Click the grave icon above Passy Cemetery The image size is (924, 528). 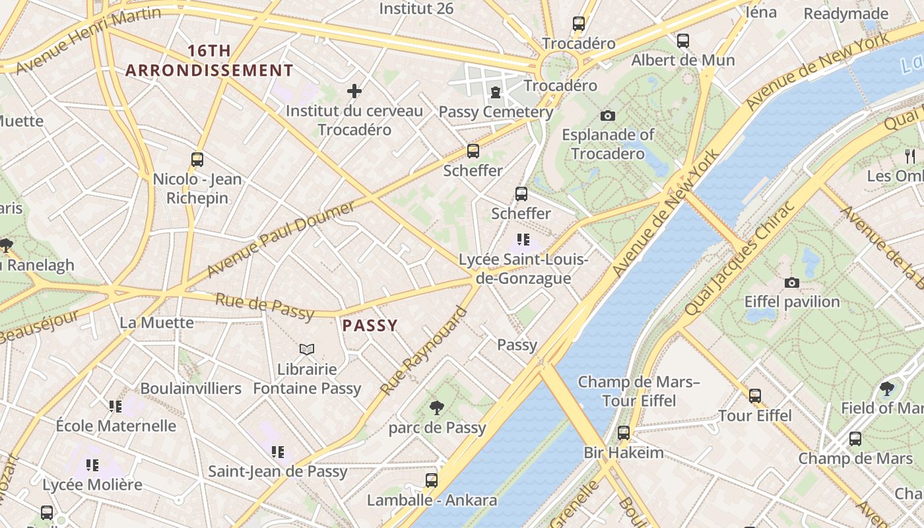click(x=495, y=92)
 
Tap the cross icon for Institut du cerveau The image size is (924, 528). click(x=354, y=91)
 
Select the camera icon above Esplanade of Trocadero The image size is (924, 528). click(x=607, y=116)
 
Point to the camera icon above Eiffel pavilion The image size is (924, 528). click(x=791, y=283)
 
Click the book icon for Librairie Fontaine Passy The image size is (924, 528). click(x=307, y=349)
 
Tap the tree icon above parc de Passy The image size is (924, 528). click(x=436, y=407)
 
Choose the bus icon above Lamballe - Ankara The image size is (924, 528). click(x=432, y=480)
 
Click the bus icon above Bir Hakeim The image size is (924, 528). click(x=623, y=433)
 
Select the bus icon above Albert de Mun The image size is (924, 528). click(x=683, y=40)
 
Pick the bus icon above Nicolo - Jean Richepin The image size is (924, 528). click(x=197, y=159)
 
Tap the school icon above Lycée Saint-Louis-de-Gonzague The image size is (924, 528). click(x=523, y=239)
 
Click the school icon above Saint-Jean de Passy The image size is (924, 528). click(x=277, y=452)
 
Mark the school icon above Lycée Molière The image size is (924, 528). click(x=92, y=465)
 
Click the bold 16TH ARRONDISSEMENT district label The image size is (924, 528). click(x=209, y=61)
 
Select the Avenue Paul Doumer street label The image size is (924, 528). click(x=280, y=240)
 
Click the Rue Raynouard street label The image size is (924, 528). click(x=424, y=351)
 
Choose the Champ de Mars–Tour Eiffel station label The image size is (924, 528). click(x=639, y=391)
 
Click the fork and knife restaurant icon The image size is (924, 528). click(x=910, y=156)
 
